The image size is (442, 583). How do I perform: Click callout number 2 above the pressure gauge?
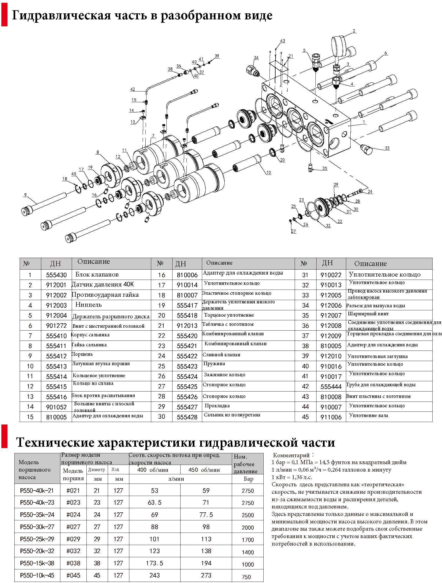tap(354, 31)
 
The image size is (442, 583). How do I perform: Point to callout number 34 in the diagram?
tap(256, 58)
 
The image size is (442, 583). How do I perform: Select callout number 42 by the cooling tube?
tap(133, 89)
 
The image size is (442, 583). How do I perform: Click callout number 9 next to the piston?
tap(25, 195)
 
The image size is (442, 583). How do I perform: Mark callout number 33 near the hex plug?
tap(387, 148)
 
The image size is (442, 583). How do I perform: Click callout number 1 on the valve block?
tap(364, 122)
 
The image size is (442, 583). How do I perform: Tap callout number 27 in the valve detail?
tap(294, 231)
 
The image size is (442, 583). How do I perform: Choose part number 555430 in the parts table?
tap(56, 275)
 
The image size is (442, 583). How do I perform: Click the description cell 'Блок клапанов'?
tap(97, 275)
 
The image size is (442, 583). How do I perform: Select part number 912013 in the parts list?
tap(187, 326)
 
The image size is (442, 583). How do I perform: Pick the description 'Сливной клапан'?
tap(221, 355)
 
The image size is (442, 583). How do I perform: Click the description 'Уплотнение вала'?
tap(369, 415)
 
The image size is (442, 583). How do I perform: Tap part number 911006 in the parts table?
tap(331, 417)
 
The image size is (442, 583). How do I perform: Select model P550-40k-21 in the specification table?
tap(37, 490)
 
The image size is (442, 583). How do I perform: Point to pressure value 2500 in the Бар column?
tap(248, 515)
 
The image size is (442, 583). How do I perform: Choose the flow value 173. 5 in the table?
tap(155, 563)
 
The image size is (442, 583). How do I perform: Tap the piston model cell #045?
tap(73, 575)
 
